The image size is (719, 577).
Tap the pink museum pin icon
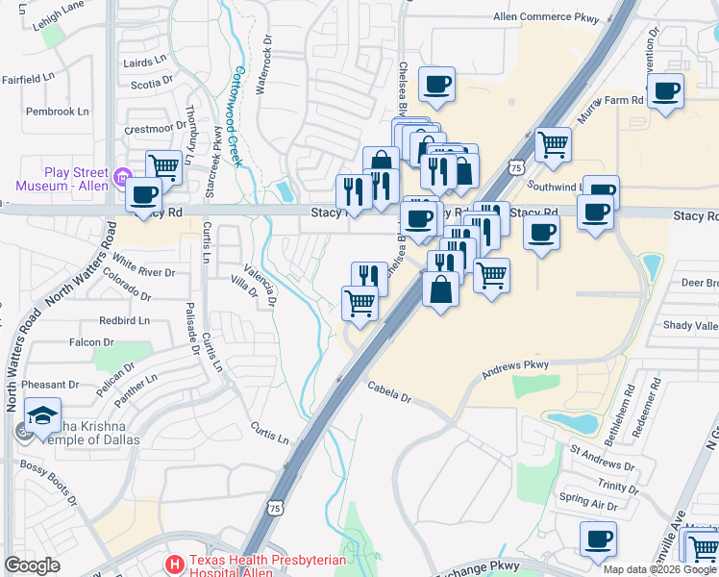tap(121, 177)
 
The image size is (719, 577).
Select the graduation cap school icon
tap(42, 416)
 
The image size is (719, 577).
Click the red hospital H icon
tap(175, 564)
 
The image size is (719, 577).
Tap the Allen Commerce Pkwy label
tap(545, 16)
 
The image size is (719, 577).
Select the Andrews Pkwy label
tap(515, 365)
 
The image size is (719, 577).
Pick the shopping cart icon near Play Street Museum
tap(163, 167)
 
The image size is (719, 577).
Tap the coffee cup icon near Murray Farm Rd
tap(665, 91)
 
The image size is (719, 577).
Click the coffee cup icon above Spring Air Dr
tap(598, 538)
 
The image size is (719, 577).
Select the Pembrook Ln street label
tap(58, 112)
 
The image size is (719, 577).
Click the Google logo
tap(32, 565)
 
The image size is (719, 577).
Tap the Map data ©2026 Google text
tap(659, 568)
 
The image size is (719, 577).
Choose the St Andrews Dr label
tap(602, 456)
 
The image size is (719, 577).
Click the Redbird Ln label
tap(124, 320)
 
